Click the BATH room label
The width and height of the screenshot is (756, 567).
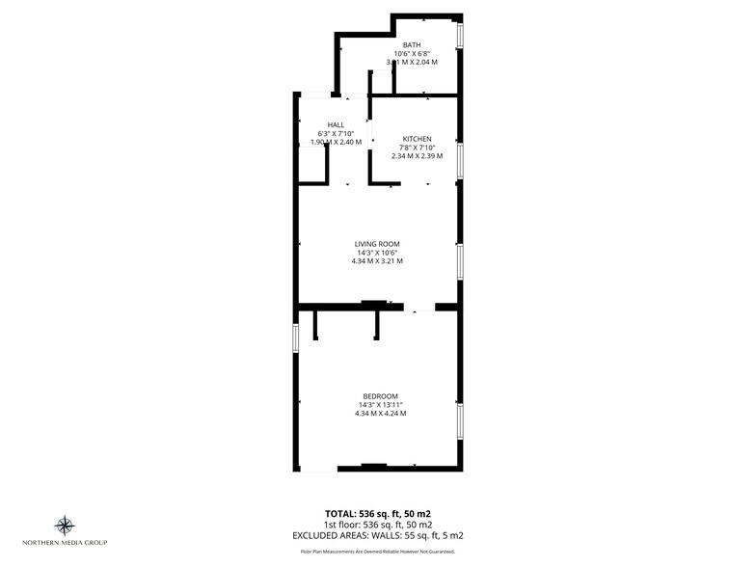point(412,44)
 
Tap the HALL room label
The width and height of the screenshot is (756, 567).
point(336,125)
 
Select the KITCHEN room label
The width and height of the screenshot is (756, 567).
point(417,139)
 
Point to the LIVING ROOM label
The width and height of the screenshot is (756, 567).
point(377,243)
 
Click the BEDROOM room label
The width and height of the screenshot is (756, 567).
point(380,396)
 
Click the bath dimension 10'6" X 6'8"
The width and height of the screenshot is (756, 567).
point(412,53)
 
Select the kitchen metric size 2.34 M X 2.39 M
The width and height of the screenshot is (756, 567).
point(417,155)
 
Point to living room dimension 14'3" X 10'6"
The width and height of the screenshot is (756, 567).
point(377,252)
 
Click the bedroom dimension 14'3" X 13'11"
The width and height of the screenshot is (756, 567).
point(380,405)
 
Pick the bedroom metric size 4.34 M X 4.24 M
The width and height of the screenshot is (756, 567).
point(380,414)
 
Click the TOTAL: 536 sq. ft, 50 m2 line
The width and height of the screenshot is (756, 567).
point(378,512)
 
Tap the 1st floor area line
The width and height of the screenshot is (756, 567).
point(378,524)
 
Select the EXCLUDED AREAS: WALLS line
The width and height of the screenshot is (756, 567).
point(378,534)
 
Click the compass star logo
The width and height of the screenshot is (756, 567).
point(66,526)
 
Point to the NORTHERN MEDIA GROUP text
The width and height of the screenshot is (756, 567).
point(66,543)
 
